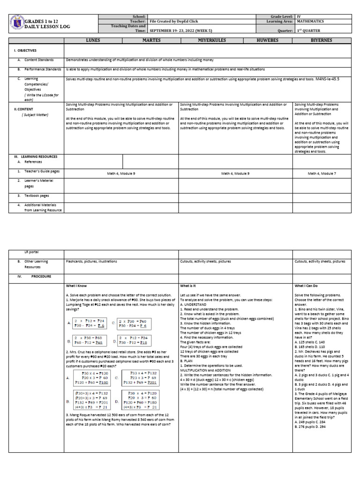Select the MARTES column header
point(150,41)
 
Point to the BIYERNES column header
point(322,41)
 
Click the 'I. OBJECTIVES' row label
point(25,50)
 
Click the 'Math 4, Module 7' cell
point(322,173)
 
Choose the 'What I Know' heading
point(76,285)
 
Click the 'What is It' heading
point(189,285)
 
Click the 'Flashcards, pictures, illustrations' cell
point(91,261)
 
